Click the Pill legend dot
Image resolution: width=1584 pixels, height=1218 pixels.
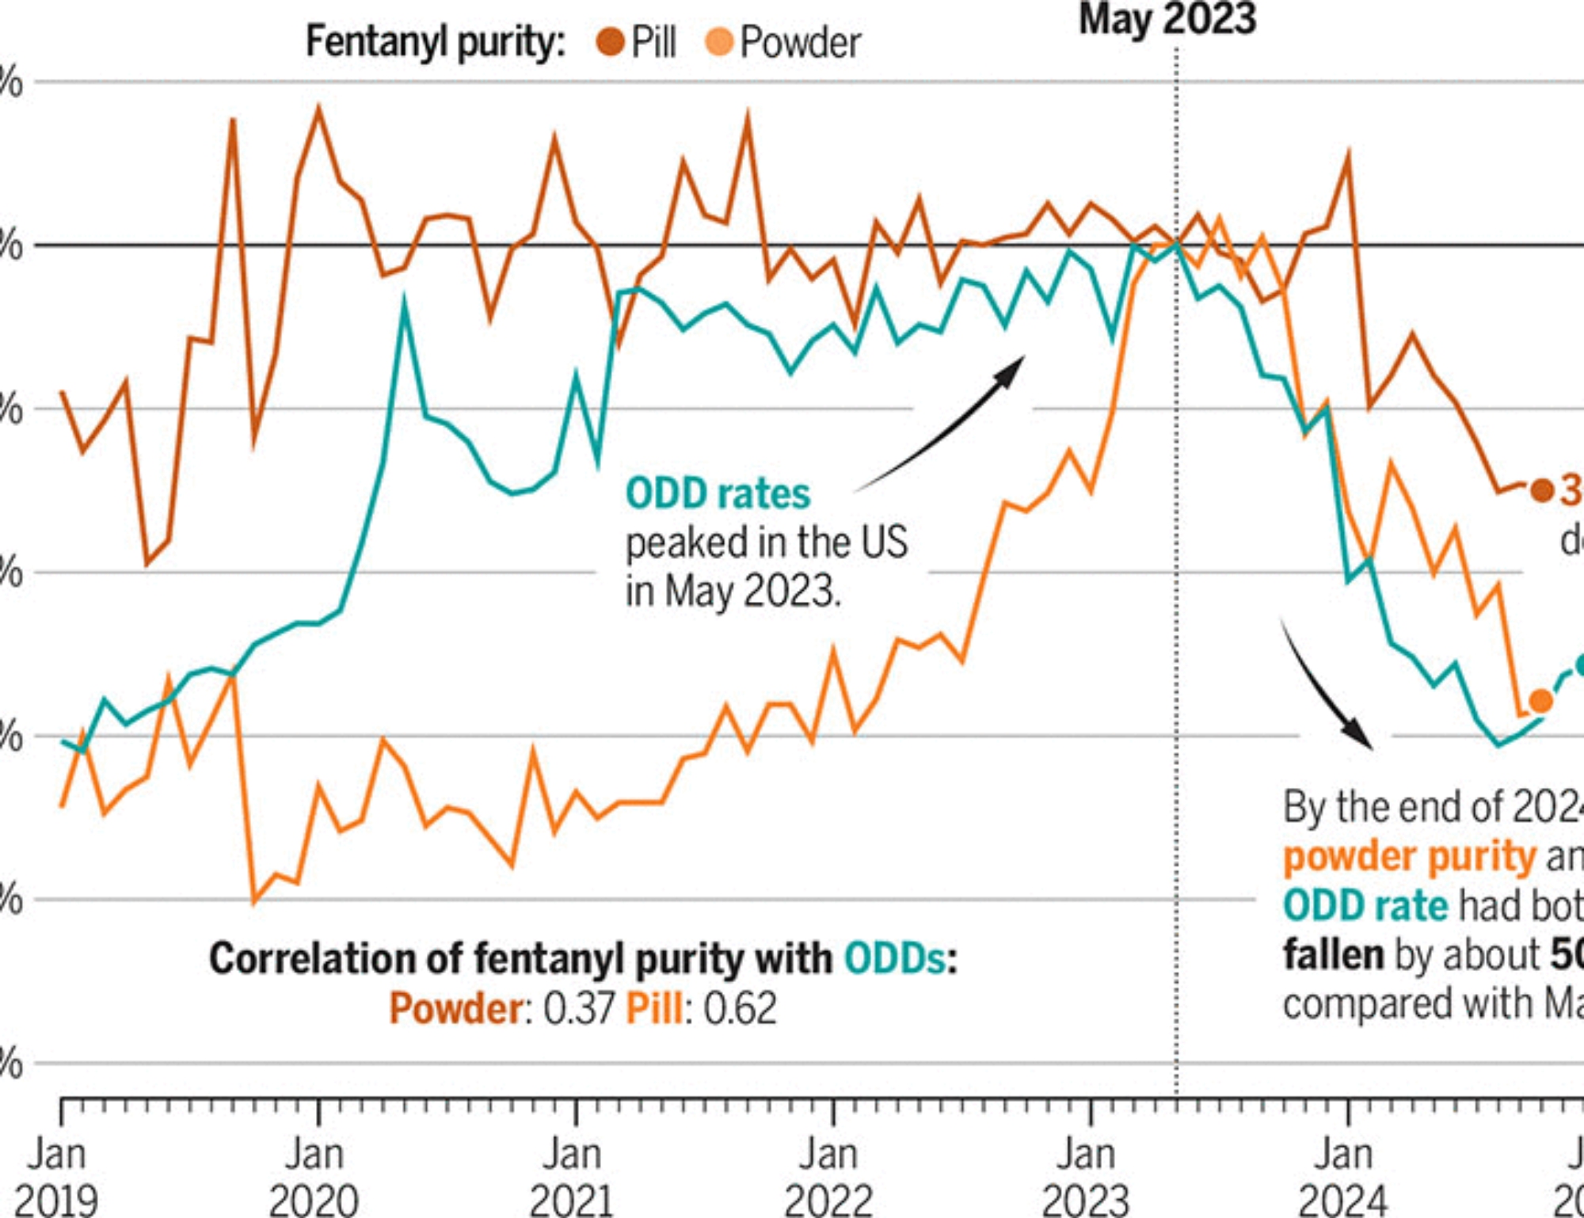point(610,41)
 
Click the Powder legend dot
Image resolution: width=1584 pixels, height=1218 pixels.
point(719,41)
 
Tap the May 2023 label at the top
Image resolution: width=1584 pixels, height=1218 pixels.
point(1167,19)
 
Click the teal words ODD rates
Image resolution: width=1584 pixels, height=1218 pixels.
point(718,493)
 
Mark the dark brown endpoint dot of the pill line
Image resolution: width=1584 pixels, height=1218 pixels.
point(1541,490)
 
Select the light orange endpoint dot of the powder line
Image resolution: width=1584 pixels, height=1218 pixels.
point(1540,700)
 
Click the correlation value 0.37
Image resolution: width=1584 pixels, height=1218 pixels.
point(579,1008)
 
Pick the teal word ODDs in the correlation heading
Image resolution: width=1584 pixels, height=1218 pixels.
point(894,958)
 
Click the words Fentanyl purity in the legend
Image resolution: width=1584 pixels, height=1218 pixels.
point(436,42)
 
